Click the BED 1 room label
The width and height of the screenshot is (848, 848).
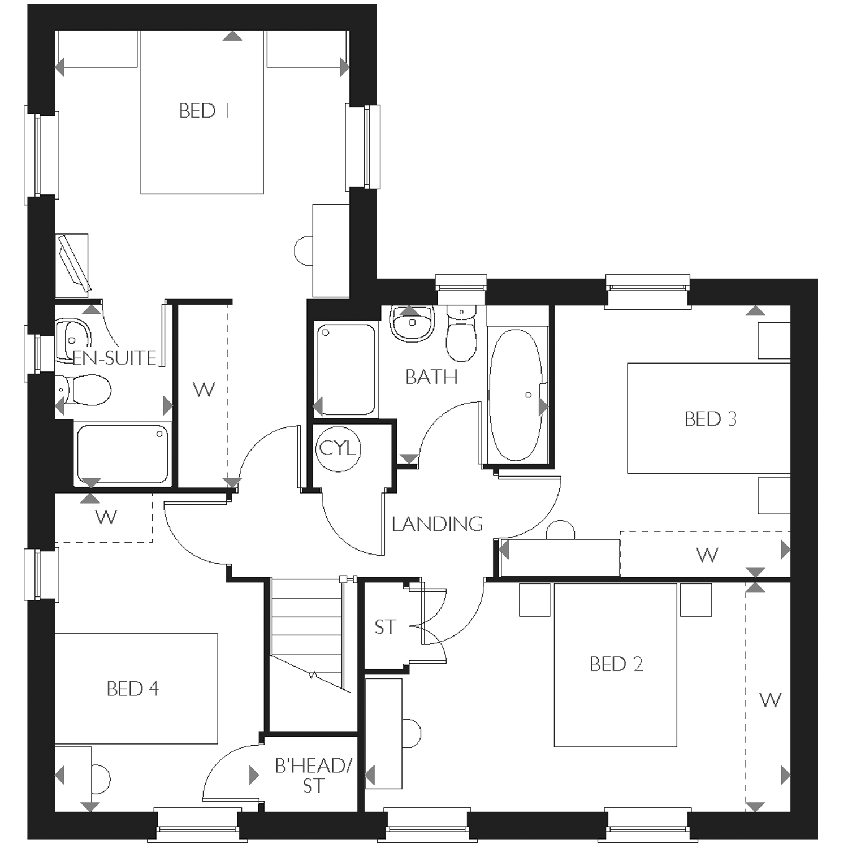pos(204,111)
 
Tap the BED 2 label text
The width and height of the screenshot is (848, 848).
pos(616,664)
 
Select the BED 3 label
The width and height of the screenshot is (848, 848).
pos(711,419)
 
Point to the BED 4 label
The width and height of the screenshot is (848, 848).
pos(133,689)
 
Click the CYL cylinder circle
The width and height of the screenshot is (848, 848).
pos(338,449)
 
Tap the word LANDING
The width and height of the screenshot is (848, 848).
pos(438,524)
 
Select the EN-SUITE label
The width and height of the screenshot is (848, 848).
pos(115,358)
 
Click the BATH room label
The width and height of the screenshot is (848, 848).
pos(431,377)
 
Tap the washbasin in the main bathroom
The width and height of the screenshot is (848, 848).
pos(413,323)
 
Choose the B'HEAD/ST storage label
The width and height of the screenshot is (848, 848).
pos(313,776)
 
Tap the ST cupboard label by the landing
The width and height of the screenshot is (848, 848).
pos(386,627)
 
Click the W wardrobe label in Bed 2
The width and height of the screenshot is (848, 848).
pos(771,700)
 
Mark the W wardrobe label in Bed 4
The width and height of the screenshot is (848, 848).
pos(106,517)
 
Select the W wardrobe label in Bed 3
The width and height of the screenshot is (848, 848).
pos(707,555)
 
